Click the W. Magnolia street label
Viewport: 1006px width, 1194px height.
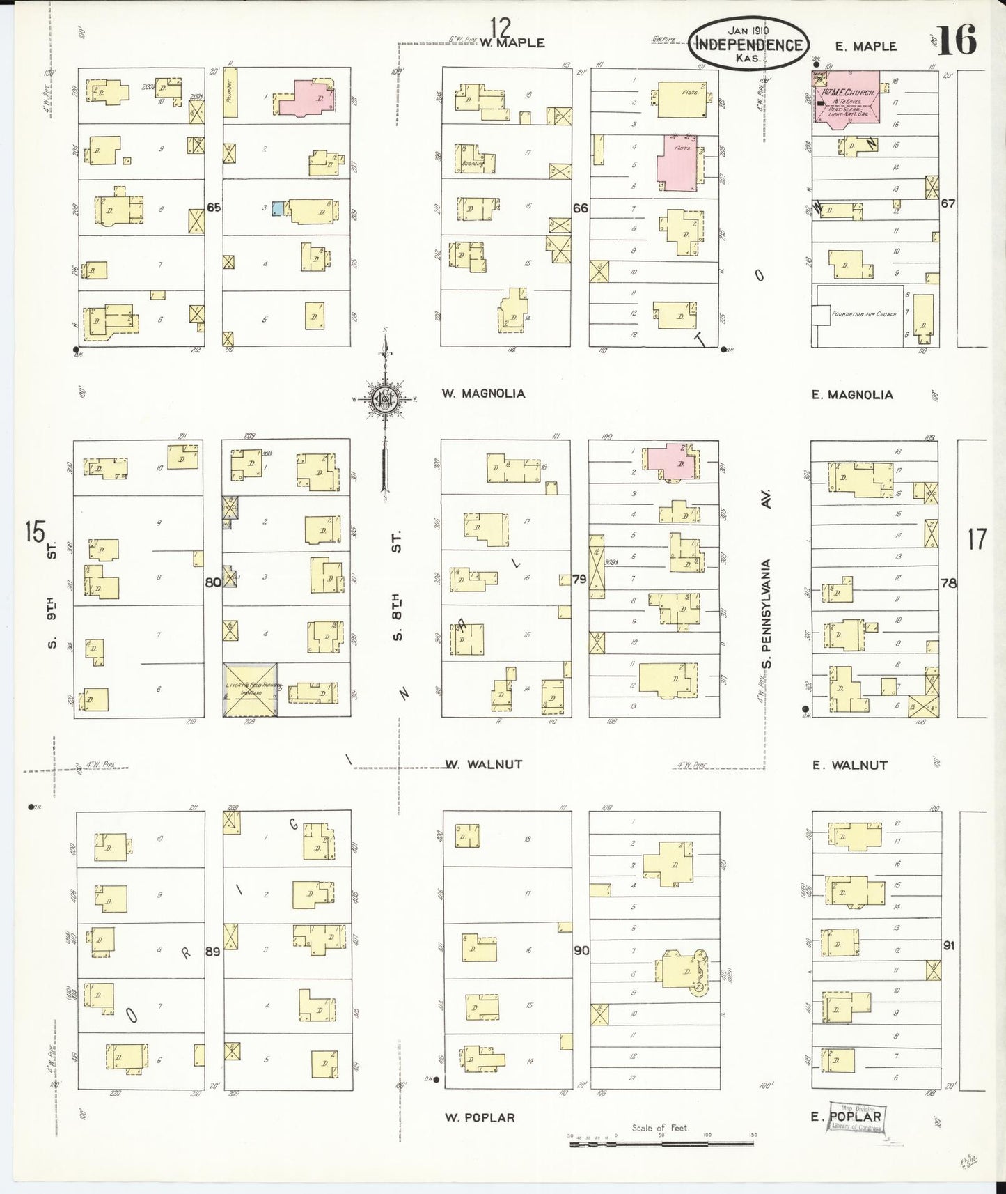pos(483,394)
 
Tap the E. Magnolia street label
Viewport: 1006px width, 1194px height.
pos(852,395)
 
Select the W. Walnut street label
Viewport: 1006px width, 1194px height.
pos(484,764)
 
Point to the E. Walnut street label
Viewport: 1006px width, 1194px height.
pos(849,765)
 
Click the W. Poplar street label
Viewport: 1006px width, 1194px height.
pos(480,1117)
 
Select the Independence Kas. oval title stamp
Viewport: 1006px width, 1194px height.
pos(749,44)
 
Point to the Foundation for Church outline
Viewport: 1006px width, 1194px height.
pos(860,314)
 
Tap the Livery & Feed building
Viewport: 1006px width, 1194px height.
pos(250,689)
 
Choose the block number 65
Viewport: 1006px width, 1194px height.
pos(214,207)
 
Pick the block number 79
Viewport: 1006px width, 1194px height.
pos(579,578)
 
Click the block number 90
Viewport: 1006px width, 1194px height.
pos(581,949)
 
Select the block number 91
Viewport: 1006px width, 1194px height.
pos(948,945)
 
